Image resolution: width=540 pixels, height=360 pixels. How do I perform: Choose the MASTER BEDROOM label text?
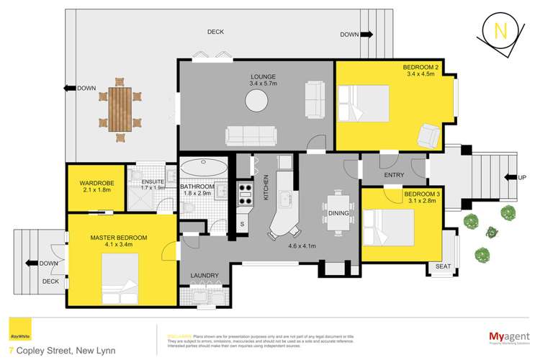pyautogui.click(x=119, y=238)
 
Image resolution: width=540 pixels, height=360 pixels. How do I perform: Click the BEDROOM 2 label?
pyautogui.click(x=422, y=67)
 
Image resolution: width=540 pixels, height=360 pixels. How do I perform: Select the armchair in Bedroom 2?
pyautogui.click(x=429, y=132)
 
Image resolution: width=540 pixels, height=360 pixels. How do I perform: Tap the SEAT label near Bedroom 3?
pyautogui.click(x=442, y=266)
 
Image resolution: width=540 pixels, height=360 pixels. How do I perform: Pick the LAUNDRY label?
pyautogui.click(x=204, y=276)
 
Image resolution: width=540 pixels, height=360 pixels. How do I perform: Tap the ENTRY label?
pyautogui.click(x=394, y=175)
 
